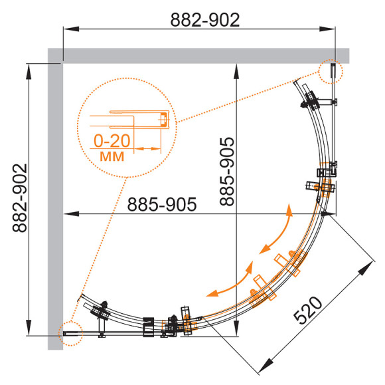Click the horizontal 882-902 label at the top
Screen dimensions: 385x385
pos(204,20)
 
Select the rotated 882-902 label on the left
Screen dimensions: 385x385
pos(20,198)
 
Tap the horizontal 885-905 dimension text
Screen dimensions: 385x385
pos(162,204)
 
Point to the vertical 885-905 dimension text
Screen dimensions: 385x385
pos(227,172)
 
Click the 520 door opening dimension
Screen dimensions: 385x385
pos(308,311)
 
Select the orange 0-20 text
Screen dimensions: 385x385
pos(112,141)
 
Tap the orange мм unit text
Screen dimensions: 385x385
pos(112,156)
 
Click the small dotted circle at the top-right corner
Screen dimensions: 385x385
pos(331,72)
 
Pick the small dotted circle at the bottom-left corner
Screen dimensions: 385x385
pos(71,333)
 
